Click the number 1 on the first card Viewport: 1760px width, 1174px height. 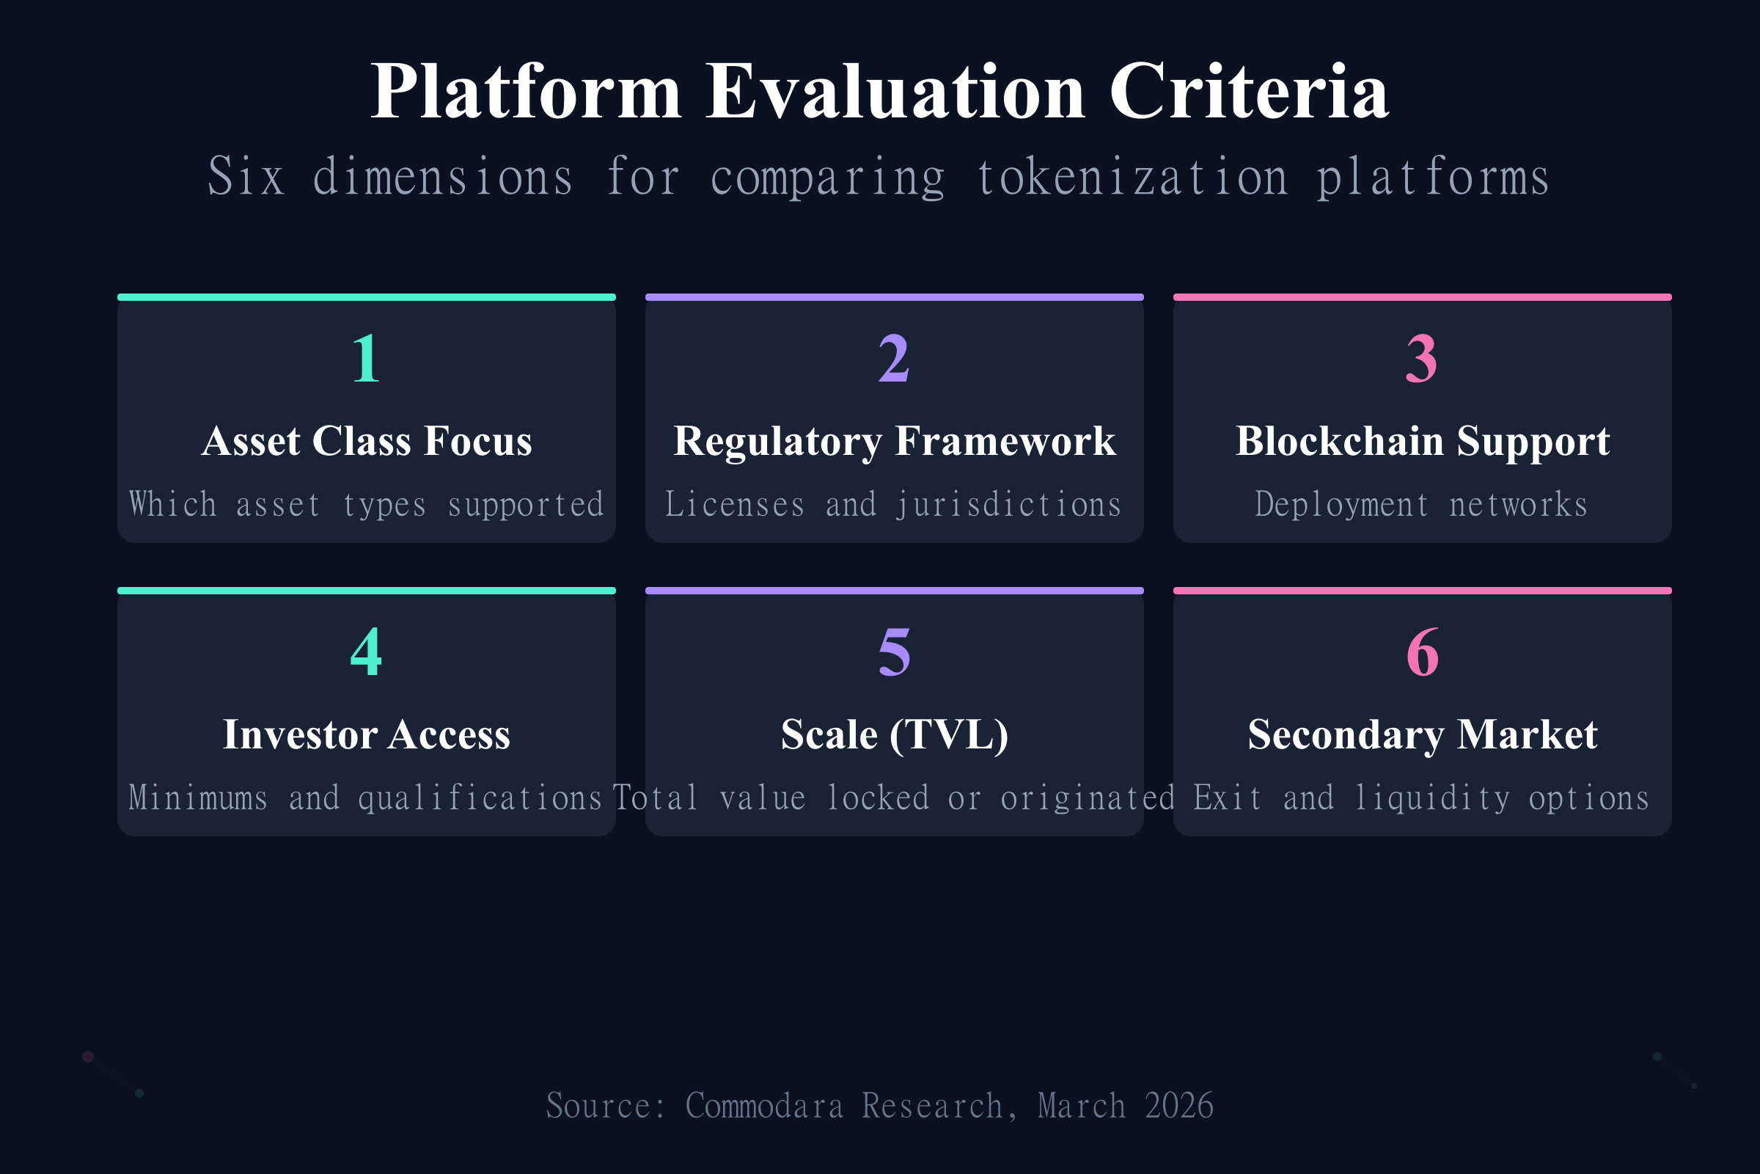click(x=366, y=359)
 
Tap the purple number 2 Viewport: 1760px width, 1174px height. click(x=894, y=359)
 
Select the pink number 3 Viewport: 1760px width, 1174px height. click(x=1422, y=359)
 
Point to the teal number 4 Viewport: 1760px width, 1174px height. click(x=366, y=652)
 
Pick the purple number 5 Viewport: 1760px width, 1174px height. click(x=894, y=652)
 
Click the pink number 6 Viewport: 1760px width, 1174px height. click(x=1422, y=652)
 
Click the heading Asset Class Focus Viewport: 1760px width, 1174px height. click(x=367, y=441)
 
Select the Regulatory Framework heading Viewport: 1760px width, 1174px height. click(x=894, y=441)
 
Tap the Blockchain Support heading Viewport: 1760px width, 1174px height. click(x=1422, y=441)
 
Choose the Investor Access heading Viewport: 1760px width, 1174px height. click(x=367, y=734)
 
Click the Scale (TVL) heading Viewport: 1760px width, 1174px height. click(x=894, y=734)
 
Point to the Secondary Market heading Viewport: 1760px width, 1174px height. click(x=1422, y=734)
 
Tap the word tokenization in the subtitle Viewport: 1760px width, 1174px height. click(x=1133, y=178)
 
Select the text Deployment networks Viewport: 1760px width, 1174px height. click(x=1421, y=504)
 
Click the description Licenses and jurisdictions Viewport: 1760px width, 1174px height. click(x=893, y=504)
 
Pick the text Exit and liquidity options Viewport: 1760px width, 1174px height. click(x=1421, y=798)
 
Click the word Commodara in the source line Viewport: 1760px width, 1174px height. click(x=764, y=1106)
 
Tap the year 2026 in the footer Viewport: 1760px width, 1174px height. click(x=1178, y=1106)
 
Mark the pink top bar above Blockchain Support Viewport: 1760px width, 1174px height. click(x=1422, y=297)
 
